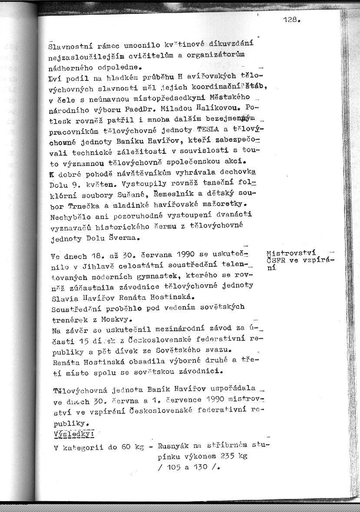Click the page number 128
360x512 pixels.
(x=291, y=19)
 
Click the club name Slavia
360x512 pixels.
(x=63, y=298)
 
